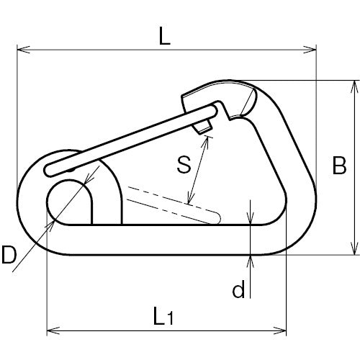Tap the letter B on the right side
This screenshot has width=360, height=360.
pyautogui.click(x=339, y=166)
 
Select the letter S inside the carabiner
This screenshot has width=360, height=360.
pyautogui.click(x=184, y=164)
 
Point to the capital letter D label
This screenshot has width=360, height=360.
pyautogui.click(x=9, y=255)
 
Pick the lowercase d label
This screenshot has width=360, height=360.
pyautogui.click(x=238, y=289)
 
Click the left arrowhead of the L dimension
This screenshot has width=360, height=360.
pyautogui.click(x=24, y=50)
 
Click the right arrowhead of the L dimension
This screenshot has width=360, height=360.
pyautogui.click(x=310, y=50)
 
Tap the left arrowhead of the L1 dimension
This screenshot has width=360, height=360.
pyautogui.click(x=53, y=330)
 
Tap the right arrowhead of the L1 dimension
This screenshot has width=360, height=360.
pyautogui.click(x=280, y=330)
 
